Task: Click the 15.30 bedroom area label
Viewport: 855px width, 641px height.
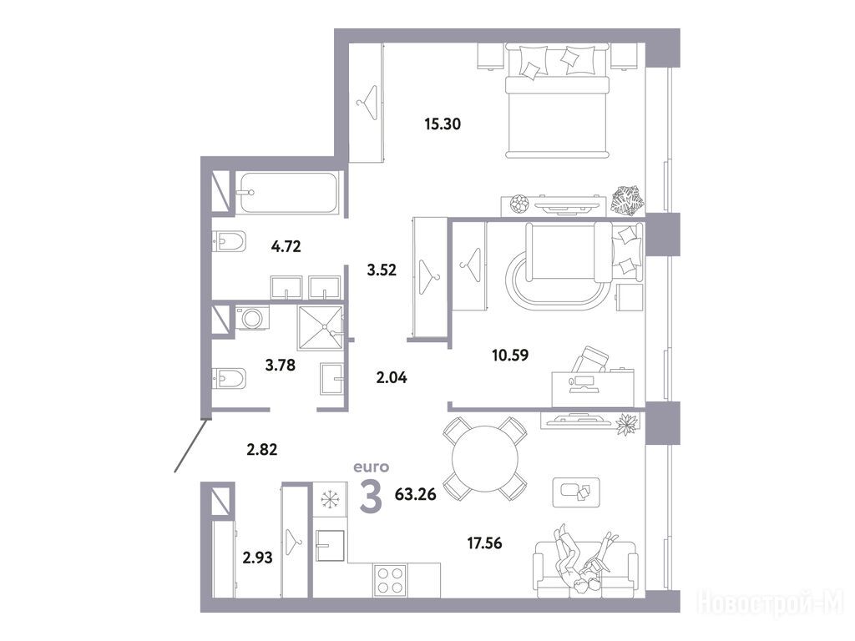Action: tap(443, 124)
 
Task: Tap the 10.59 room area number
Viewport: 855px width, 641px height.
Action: tap(510, 356)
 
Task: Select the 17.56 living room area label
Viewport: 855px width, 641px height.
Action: tap(484, 543)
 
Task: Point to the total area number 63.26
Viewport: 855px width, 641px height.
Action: tap(415, 495)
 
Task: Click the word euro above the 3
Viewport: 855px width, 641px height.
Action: tap(372, 467)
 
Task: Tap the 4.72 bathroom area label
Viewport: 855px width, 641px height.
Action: tap(286, 247)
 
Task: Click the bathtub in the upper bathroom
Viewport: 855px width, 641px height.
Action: tap(288, 193)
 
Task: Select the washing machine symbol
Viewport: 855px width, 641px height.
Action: tap(252, 318)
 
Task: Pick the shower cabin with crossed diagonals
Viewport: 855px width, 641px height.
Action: tap(321, 328)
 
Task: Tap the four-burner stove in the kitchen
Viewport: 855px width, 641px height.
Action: tap(390, 580)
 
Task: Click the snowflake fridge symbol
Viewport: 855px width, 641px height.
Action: tap(330, 499)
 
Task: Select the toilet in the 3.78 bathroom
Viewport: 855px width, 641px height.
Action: tap(229, 378)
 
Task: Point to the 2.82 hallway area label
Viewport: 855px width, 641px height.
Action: tap(262, 450)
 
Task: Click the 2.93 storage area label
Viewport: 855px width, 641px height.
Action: tap(257, 558)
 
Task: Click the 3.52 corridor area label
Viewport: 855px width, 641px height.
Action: tap(382, 270)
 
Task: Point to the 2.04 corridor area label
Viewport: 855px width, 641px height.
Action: tap(392, 377)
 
